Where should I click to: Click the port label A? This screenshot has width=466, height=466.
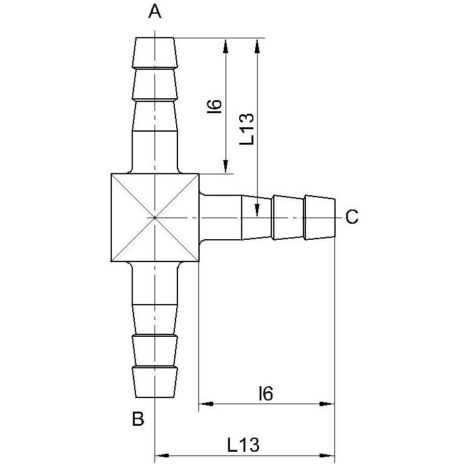[x=155, y=12]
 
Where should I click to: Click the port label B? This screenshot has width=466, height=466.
[x=138, y=419]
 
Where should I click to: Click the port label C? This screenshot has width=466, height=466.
[x=352, y=217]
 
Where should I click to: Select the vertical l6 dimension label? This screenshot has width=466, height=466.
[x=214, y=107]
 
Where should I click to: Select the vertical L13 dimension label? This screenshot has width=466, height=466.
[x=247, y=129]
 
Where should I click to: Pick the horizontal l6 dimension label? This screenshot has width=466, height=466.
[x=266, y=393]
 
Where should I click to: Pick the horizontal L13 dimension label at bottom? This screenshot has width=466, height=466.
[x=244, y=445]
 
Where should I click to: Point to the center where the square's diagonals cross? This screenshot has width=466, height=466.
[x=155, y=218]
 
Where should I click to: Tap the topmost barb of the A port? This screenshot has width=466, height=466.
[x=155, y=53]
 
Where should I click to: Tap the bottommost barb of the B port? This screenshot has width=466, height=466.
[x=155, y=383]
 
